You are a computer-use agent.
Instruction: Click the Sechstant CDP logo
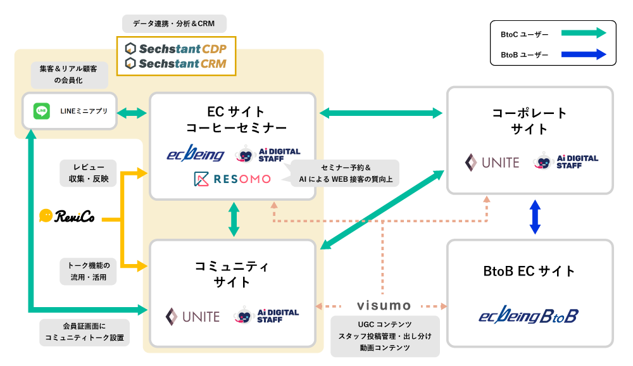click(x=176, y=48)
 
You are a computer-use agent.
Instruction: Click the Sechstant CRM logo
click(x=176, y=64)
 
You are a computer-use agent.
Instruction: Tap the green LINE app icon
click(x=42, y=111)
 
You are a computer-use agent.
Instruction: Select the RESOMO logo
click(x=232, y=179)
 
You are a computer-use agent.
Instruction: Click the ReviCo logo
click(x=66, y=217)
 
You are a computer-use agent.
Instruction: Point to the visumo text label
click(x=384, y=306)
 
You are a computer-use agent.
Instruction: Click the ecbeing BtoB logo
click(x=529, y=316)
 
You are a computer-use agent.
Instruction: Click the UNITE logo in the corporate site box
click(x=492, y=162)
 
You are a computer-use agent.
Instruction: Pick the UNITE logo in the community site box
click(x=192, y=316)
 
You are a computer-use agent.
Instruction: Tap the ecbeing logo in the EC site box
click(x=195, y=154)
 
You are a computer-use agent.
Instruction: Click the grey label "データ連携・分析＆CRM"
click(x=174, y=24)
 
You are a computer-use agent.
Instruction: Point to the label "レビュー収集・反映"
click(x=89, y=172)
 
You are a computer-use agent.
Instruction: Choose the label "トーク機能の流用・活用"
click(x=89, y=271)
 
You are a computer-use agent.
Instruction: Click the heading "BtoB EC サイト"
click(x=529, y=272)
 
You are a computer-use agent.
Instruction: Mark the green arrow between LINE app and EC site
click(x=132, y=113)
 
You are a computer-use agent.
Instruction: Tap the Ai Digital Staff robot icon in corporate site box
click(x=544, y=162)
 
